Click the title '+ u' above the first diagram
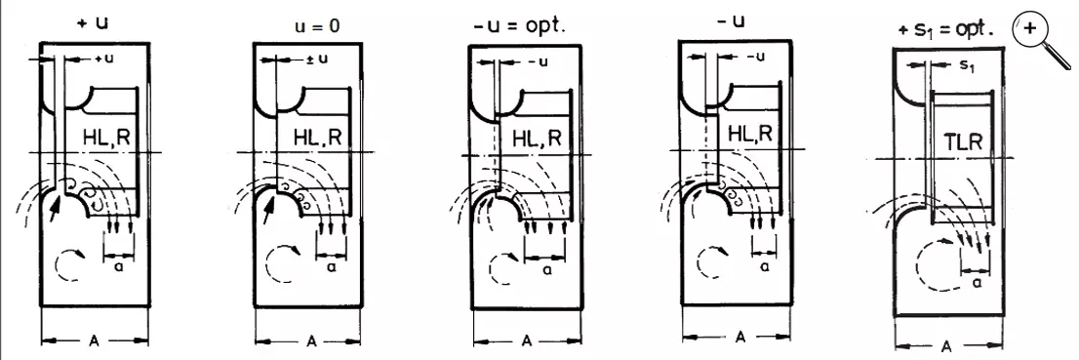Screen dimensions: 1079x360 [93, 21]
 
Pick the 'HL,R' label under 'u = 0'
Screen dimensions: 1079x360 [317, 138]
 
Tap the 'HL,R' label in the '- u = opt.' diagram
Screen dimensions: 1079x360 [538, 139]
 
